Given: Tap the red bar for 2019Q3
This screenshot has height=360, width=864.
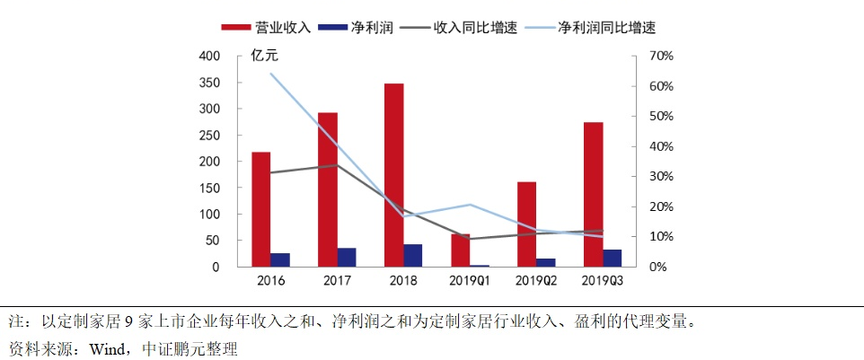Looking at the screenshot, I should point(593,194).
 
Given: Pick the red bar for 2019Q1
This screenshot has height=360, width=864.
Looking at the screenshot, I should point(460,250).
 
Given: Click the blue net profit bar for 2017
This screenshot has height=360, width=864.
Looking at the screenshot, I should point(347,257).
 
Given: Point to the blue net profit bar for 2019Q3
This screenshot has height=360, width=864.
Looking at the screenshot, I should point(613,258).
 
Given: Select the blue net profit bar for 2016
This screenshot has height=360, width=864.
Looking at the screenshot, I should point(280,259).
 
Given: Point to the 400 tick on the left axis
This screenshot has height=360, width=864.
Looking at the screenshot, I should point(208,56).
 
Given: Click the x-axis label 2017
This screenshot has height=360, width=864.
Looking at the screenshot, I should point(337,282).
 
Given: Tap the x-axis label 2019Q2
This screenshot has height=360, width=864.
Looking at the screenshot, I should point(536,282).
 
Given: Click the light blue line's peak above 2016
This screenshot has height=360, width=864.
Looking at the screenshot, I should point(270,74).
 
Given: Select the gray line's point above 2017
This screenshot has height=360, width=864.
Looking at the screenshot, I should point(337,165).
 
